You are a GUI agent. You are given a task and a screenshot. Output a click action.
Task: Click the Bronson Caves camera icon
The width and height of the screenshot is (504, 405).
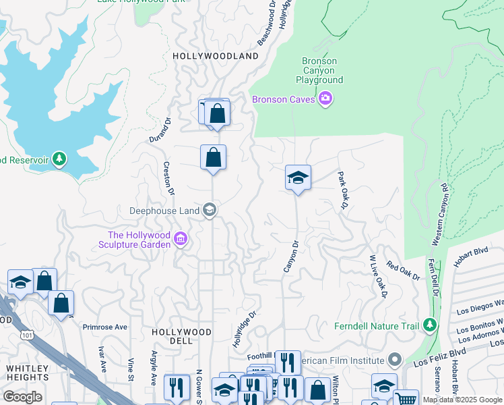tap(326, 99)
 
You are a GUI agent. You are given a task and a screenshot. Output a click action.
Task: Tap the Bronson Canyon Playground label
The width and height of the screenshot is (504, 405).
tap(319, 70)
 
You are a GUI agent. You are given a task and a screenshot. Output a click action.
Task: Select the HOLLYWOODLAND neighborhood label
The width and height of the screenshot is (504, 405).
tap(216, 56)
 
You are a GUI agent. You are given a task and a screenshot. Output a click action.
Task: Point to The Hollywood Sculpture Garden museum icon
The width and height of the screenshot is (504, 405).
tap(180, 239)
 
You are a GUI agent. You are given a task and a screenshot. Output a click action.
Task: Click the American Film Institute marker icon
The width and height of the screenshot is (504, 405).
tap(395, 360)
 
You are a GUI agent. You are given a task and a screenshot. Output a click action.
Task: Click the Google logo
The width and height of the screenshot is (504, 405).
tap(22, 397)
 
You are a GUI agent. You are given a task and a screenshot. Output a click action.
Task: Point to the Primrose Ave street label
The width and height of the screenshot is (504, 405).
tap(104, 327)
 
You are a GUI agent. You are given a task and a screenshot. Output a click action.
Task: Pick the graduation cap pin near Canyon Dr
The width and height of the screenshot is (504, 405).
tap(298, 178)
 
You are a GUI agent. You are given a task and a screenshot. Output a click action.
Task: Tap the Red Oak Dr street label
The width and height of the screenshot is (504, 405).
tap(403, 271)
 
